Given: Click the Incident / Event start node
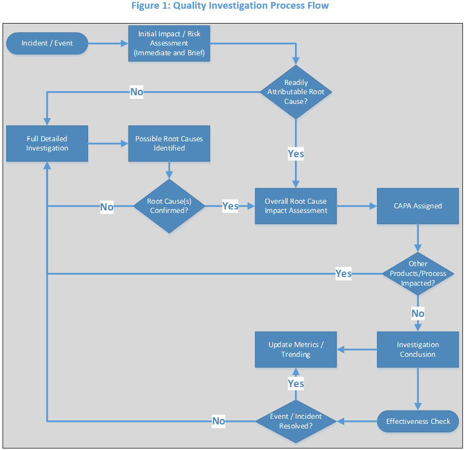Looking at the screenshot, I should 47,44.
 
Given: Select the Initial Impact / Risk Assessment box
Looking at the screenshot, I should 169,44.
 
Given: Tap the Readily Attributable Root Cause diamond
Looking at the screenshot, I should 296,92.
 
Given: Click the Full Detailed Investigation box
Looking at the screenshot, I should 47,143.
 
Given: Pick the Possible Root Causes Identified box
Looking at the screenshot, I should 169,143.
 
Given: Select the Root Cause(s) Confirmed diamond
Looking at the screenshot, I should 169,206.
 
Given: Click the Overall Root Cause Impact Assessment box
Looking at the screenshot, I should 296,206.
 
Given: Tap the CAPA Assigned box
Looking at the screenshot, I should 418,206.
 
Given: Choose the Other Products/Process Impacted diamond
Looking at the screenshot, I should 418,273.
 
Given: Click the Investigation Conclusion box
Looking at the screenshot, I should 418,349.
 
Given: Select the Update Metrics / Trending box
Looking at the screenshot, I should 296,349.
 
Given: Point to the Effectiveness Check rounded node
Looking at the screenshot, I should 418,421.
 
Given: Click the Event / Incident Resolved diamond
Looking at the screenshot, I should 296,421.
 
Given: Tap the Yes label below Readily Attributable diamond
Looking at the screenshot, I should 296,154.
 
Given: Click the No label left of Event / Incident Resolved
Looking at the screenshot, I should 219,421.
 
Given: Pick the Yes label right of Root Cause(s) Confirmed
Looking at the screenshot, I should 230,206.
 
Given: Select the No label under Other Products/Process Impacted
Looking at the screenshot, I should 418,313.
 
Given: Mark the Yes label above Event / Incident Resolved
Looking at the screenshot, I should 296,383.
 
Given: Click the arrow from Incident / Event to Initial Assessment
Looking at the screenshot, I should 108,44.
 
